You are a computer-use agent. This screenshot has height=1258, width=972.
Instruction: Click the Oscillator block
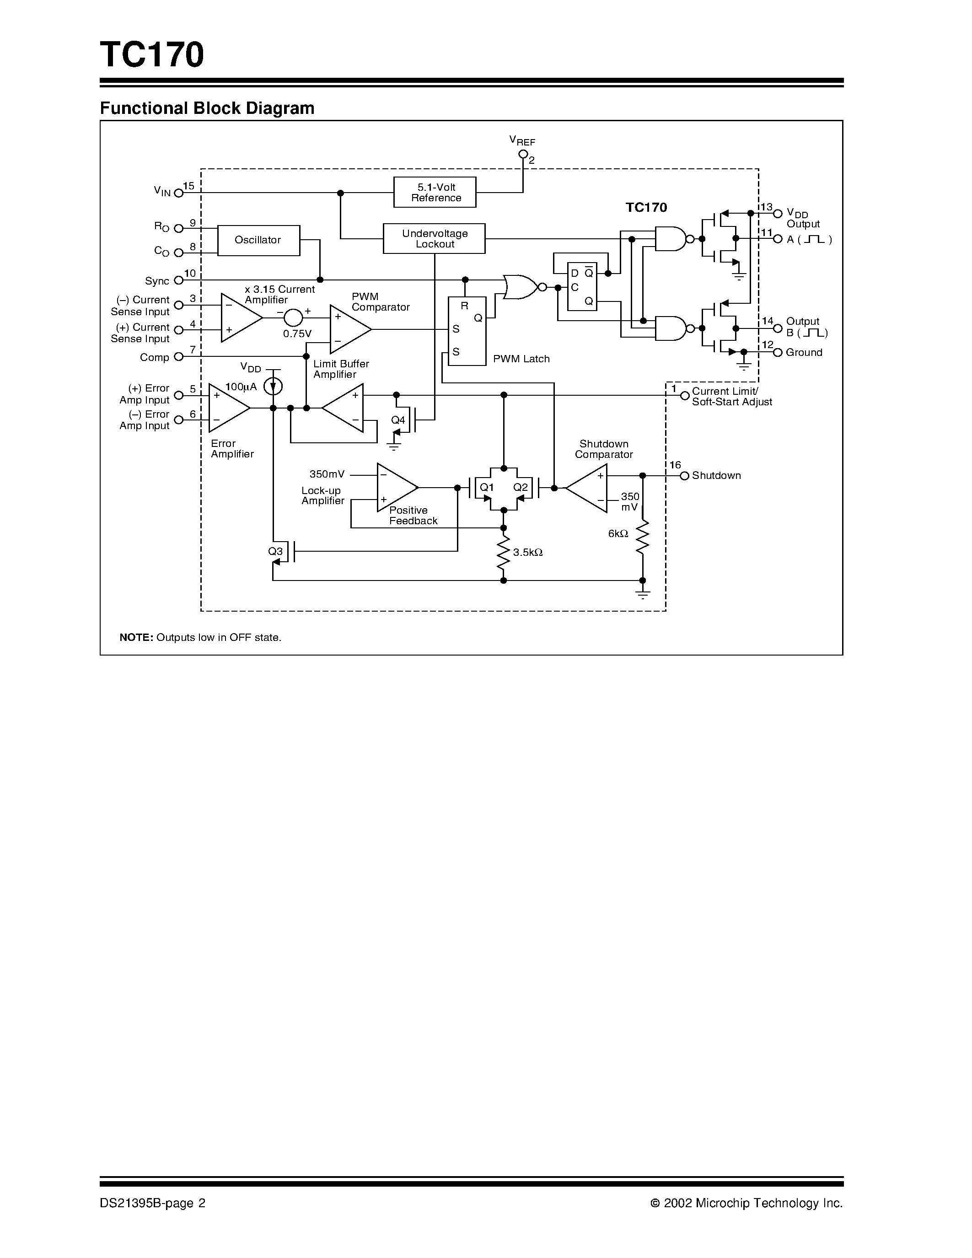point(258,240)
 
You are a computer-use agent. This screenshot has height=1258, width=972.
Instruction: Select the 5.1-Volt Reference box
point(435,193)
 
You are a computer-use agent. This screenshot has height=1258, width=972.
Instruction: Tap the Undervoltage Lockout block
point(434,238)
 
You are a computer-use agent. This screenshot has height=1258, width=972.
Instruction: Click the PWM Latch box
point(467,331)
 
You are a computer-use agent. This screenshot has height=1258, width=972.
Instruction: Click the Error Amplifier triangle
point(227,408)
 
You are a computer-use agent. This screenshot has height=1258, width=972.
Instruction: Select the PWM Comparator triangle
point(348,329)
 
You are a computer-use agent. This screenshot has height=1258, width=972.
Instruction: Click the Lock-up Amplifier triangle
point(394,487)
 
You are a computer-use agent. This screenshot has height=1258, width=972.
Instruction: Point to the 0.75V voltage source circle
point(293,317)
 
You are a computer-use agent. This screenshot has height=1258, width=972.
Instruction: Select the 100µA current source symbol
point(273,386)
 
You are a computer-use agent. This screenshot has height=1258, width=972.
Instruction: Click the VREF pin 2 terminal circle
point(523,154)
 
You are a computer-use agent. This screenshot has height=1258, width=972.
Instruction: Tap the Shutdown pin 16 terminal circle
point(684,476)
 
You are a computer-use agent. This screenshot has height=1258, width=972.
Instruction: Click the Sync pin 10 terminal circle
point(178,280)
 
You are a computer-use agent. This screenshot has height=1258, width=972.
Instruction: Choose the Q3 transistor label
point(275,551)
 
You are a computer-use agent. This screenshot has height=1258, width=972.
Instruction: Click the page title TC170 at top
point(151,55)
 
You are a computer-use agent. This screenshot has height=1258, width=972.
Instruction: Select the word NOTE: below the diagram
point(136,638)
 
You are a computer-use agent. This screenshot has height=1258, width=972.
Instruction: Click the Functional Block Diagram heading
point(207,108)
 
